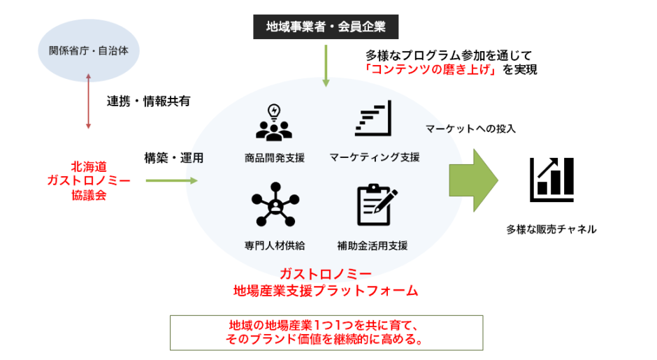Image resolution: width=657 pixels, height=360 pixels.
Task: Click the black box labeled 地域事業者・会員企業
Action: click(x=325, y=28)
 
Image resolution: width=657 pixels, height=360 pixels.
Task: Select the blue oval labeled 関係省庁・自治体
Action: click(x=88, y=50)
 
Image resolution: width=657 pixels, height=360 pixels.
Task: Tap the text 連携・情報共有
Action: click(x=148, y=101)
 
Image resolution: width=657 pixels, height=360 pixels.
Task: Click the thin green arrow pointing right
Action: click(x=172, y=180)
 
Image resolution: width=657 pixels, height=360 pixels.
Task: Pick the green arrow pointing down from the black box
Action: click(x=325, y=66)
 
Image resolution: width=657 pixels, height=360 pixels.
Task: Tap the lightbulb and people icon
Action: click(x=273, y=122)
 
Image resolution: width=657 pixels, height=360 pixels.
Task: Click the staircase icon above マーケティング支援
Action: click(x=373, y=120)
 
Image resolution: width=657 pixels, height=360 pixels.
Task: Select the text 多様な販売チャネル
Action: click(x=552, y=229)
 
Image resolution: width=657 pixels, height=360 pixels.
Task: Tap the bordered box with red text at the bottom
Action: click(x=328, y=333)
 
